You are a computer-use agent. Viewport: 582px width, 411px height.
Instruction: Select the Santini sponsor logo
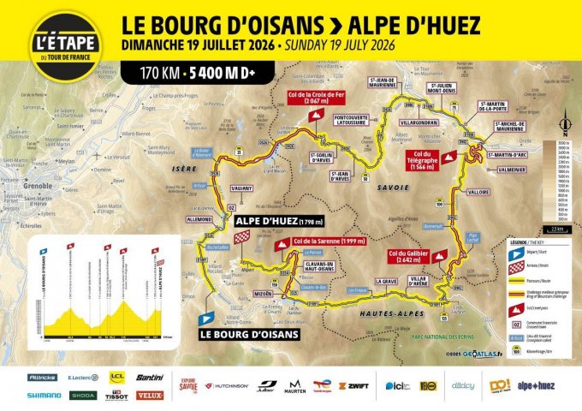[x=150, y=378]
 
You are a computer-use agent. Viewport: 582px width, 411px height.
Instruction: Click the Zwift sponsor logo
[x=353, y=386]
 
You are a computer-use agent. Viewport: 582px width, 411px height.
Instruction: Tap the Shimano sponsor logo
[x=44, y=396]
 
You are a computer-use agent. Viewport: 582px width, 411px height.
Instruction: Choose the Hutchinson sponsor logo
[x=227, y=386]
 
